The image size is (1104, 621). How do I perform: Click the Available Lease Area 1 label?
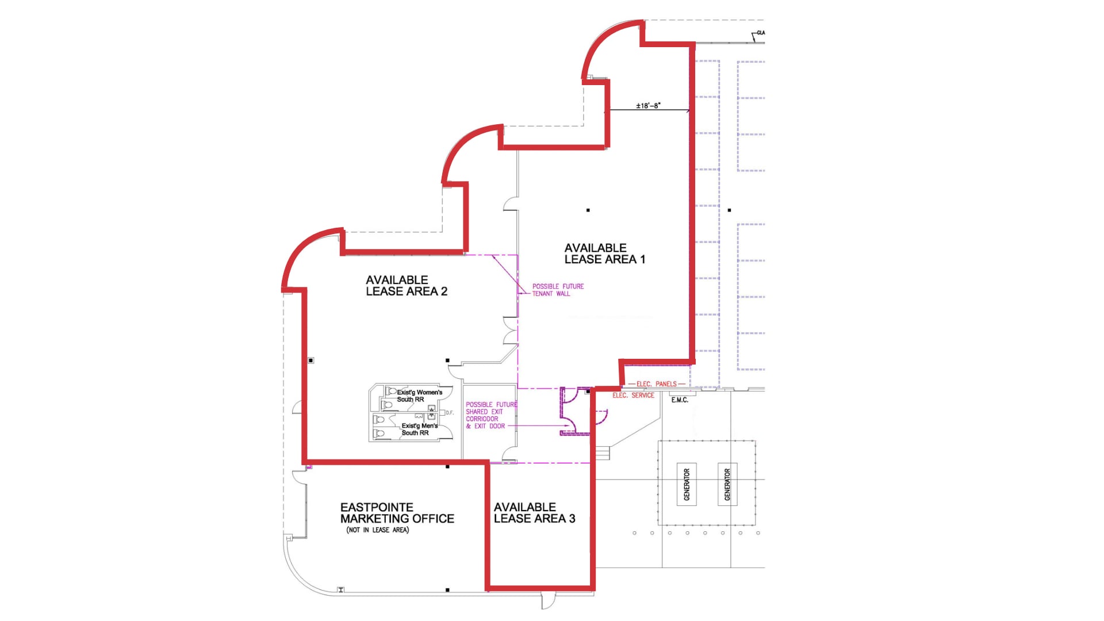point(604,254)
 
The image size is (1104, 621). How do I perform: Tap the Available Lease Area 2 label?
point(406,286)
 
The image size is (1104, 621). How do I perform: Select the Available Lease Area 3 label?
point(534,513)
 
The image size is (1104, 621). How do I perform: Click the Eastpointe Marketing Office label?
point(397,513)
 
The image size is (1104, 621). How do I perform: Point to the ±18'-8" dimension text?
point(648,106)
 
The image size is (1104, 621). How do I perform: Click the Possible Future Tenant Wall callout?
point(557,290)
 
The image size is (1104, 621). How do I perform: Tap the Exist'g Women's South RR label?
point(419,396)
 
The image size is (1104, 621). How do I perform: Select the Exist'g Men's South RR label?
point(419,429)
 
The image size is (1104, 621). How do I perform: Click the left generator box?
point(687,484)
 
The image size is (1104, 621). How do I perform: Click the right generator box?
point(727,484)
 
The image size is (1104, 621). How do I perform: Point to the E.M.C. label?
point(680,400)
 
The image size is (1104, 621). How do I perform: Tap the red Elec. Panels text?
point(656,384)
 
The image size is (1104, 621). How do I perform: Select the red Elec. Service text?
point(633,396)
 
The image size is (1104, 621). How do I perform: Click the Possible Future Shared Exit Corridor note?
point(490,415)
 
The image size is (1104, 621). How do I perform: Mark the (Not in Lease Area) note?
point(377,530)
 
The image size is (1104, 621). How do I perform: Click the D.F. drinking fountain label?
point(450,413)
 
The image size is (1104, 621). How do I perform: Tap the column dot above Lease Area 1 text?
point(588,210)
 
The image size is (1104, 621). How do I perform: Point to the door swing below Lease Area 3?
point(548,600)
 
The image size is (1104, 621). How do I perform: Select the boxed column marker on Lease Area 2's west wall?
point(311,361)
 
